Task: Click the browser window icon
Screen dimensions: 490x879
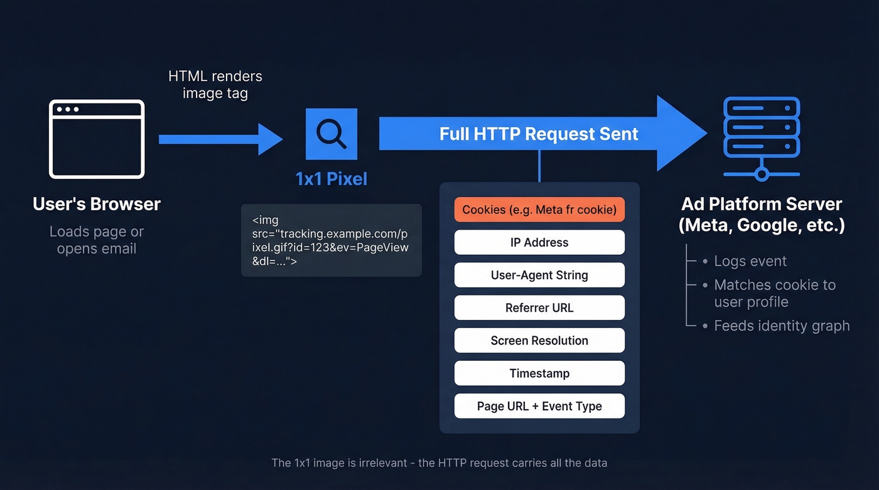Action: pos(97,139)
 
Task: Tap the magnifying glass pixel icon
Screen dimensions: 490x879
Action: pos(331,134)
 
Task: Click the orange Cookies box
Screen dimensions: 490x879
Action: pos(539,210)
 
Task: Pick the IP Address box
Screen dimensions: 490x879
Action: pos(539,242)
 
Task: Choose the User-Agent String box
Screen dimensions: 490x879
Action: pos(539,275)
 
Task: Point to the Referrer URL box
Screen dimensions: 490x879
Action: pos(539,307)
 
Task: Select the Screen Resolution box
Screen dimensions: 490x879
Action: pos(539,340)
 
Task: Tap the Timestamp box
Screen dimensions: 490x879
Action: pos(539,373)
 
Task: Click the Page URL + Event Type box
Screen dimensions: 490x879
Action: pos(539,405)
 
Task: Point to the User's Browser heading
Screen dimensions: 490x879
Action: pos(97,204)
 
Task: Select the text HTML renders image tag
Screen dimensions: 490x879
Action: pos(215,85)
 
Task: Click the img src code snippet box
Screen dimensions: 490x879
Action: pos(331,240)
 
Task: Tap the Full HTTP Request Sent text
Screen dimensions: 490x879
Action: pos(538,134)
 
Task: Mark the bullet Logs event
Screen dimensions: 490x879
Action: pos(750,261)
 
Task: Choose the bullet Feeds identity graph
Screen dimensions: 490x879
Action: pos(781,326)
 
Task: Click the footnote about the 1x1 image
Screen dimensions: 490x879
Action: pos(439,463)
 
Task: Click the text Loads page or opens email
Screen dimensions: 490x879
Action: pos(97,240)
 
